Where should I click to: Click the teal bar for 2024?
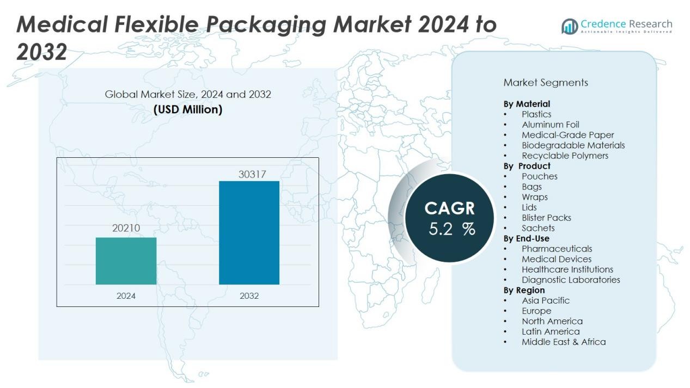tap(126, 261)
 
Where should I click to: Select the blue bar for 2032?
tap(249, 232)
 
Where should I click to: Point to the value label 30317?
tap(252, 174)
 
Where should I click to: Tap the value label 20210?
tap(126, 228)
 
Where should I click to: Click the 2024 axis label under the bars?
tap(126, 296)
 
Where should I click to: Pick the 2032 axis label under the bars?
tap(249, 296)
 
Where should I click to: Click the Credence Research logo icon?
tap(570, 26)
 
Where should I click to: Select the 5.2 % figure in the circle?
tap(451, 229)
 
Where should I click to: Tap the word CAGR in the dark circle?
tap(449, 208)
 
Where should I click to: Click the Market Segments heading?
tap(546, 83)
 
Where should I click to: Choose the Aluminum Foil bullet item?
tap(550, 125)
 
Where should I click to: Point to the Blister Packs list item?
tap(546, 218)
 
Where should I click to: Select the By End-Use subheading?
tap(526, 238)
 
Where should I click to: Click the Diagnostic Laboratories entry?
tap(571, 280)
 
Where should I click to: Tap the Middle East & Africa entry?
tap(564, 342)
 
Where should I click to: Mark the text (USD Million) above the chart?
tap(188, 109)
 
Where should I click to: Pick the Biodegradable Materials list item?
tap(573, 145)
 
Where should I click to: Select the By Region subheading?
tap(524, 290)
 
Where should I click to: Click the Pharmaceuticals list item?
tap(557, 249)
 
